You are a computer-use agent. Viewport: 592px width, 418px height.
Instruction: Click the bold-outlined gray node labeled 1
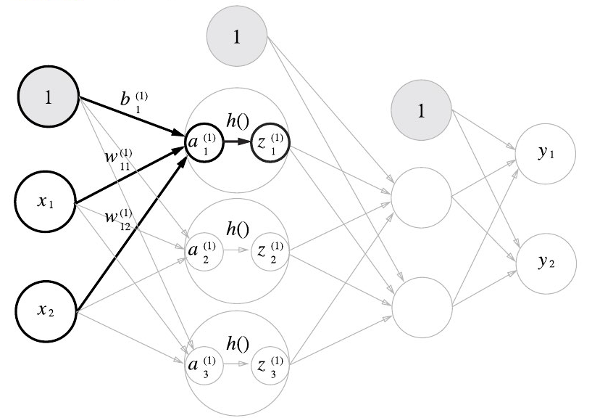(x=48, y=99)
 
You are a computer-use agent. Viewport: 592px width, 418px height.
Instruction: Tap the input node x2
(x=48, y=306)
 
